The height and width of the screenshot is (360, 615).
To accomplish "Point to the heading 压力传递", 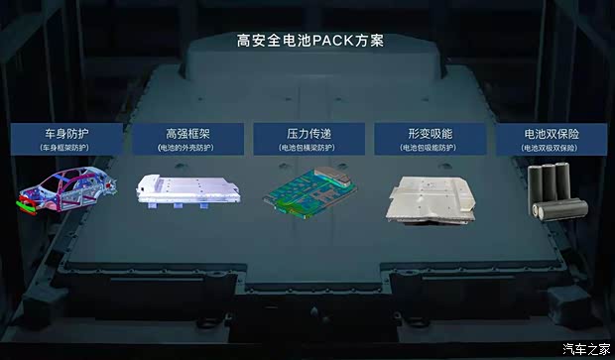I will [307, 133].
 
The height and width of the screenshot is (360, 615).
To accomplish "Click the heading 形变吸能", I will [430, 133].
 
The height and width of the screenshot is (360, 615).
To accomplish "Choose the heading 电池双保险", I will [552, 133].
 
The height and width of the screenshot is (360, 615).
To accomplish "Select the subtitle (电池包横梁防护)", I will [307, 148].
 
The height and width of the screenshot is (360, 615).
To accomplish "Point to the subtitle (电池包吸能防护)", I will [430, 148].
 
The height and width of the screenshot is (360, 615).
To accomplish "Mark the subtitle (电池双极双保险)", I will [552, 148].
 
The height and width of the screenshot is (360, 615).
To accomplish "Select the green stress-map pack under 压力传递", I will [307, 190].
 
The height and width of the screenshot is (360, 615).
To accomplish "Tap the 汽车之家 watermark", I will [585, 347].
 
